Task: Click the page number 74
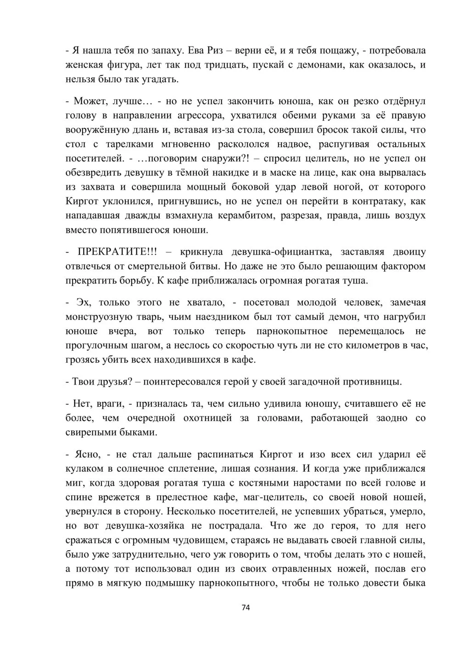pos(246,607)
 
